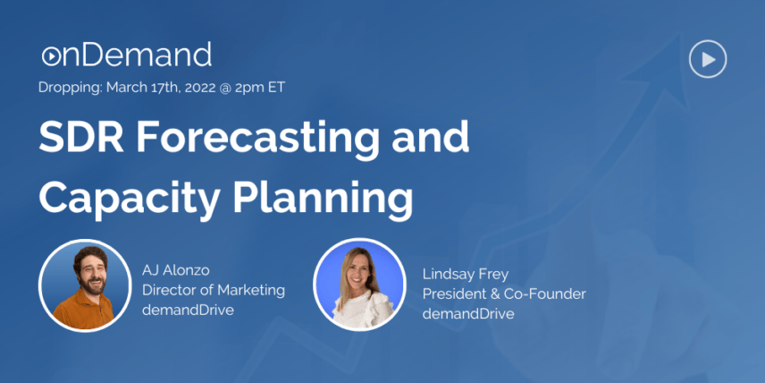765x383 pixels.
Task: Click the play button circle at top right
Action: pyautogui.click(x=708, y=59)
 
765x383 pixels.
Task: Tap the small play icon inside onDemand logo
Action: pyautogui.click(x=50, y=56)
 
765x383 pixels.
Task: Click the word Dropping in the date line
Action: pyautogui.click(x=71, y=88)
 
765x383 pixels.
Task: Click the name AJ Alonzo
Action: pyautogui.click(x=176, y=270)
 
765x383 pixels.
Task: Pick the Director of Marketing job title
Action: pyautogui.click(x=214, y=290)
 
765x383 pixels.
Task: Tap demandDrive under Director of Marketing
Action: pyautogui.click(x=188, y=310)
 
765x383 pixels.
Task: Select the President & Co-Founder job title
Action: pyautogui.click(x=504, y=294)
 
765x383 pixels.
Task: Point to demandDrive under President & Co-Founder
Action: pyautogui.click(x=468, y=313)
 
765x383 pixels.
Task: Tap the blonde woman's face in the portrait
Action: pyautogui.click(x=360, y=272)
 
